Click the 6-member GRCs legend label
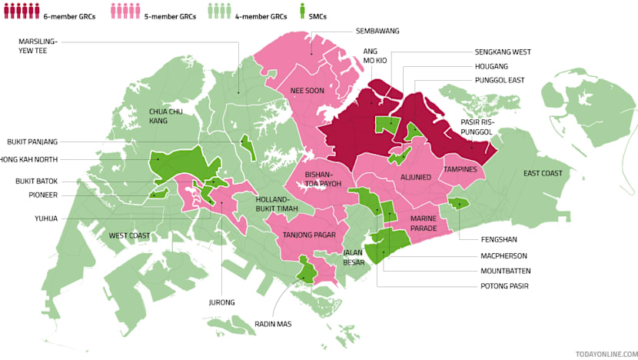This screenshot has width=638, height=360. (x=69, y=16)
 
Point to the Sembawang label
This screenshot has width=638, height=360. (x=377, y=32)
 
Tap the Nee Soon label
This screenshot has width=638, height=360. (x=307, y=91)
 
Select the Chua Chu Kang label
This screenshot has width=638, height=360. (x=164, y=116)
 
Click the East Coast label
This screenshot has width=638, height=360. (x=543, y=174)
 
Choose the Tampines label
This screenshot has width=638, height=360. (x=460, y=169)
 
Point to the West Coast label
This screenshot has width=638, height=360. (x=128, y=235)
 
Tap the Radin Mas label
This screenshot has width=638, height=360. (x=273, y=324)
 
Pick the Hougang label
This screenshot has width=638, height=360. (x=492, y=66)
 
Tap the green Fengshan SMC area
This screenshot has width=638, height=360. (x=458, y=203)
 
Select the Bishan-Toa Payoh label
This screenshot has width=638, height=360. (x=323, y=178)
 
